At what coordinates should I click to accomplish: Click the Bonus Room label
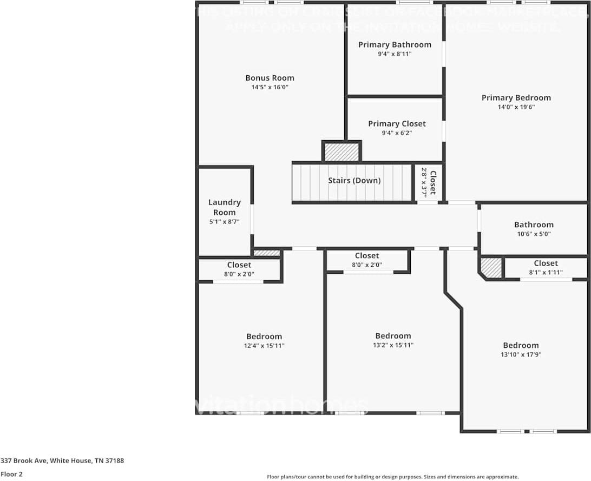point(270,78)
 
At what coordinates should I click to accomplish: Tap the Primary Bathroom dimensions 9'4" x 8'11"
point(395,54)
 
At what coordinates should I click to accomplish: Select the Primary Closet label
point(397,124)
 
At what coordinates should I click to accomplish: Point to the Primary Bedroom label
point(516,98)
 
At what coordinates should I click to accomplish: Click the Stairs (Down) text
point(354,181)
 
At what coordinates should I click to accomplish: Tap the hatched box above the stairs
point(342,152)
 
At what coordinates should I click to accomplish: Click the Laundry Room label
point(225,207)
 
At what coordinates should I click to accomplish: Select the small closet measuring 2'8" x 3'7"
point(429,182)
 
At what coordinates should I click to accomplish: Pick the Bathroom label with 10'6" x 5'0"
point(534,225)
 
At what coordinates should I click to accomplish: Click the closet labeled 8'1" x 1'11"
point(546,268)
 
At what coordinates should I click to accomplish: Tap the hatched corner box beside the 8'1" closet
point(491,268)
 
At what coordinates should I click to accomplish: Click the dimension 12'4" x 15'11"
point(264,346)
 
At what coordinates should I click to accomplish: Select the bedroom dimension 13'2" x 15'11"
point(393,345)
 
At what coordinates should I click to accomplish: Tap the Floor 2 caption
point(11,474)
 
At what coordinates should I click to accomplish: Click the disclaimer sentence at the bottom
point(393,477)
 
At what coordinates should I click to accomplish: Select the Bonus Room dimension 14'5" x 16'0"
point(270,87)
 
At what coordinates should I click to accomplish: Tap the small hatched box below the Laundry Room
point(267,253)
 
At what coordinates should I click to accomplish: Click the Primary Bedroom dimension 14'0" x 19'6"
point(516,107)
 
